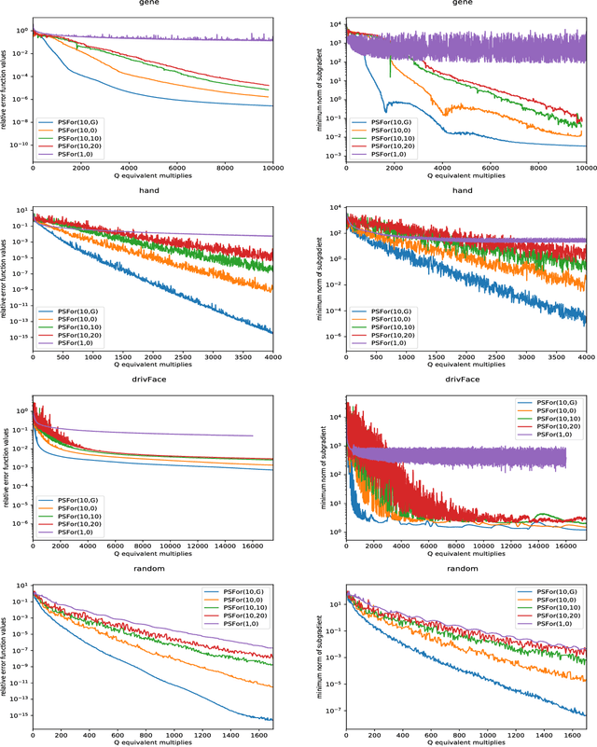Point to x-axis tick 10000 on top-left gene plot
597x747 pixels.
272,167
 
